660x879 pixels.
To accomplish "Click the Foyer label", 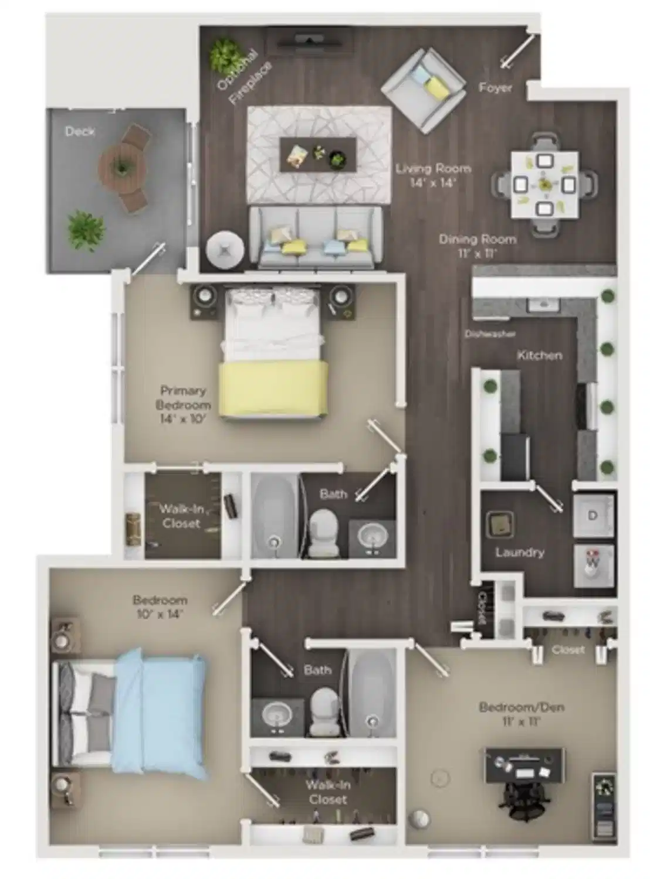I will coord(496,88).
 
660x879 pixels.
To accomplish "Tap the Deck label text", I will coord(80,131).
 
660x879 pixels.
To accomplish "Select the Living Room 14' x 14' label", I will coord(434,175).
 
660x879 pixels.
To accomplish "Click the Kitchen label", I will coord(539,355).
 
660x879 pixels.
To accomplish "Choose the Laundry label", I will coord(519,552).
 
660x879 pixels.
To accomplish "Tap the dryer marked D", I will coord(593,516).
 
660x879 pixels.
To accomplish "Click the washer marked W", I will coord(593,565).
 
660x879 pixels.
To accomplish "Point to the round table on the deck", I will coord(121,169).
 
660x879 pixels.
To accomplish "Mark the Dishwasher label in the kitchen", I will coord(490,334).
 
